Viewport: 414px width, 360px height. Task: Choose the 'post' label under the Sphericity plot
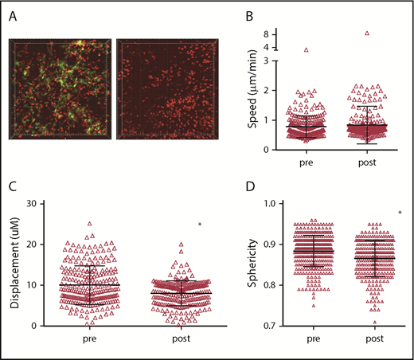click(365, 340)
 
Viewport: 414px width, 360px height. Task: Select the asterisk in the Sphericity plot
click(399, 213)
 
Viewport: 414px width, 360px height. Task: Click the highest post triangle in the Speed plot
click(366, 33)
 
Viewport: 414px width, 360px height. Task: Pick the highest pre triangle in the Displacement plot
click(91, 224)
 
